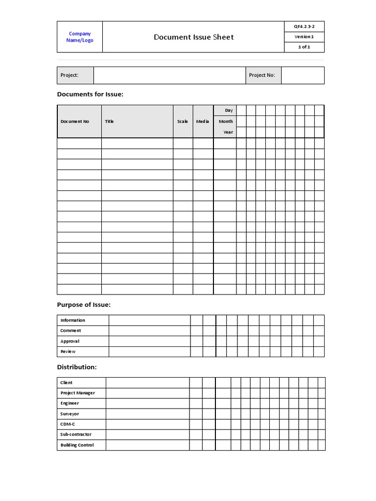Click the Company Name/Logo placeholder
[80, 37]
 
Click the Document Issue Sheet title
[193, 37]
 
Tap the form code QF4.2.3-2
[304, 26]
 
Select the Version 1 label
[304, 37]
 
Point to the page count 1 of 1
[304, 47]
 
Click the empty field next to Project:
[169, 75]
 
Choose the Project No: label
[262, 75]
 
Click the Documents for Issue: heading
[90, 94]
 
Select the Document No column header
[75, 121]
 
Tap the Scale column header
[183, 121]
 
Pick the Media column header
[203, 121]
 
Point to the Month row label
[226, 121]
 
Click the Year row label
[228, 132]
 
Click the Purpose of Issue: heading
[84, 305]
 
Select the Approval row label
[70, 342]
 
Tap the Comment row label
[70, 331]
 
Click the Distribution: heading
[77, 367]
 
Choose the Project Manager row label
[77, 393]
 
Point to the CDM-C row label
[68, 424]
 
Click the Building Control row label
[77, 445]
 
